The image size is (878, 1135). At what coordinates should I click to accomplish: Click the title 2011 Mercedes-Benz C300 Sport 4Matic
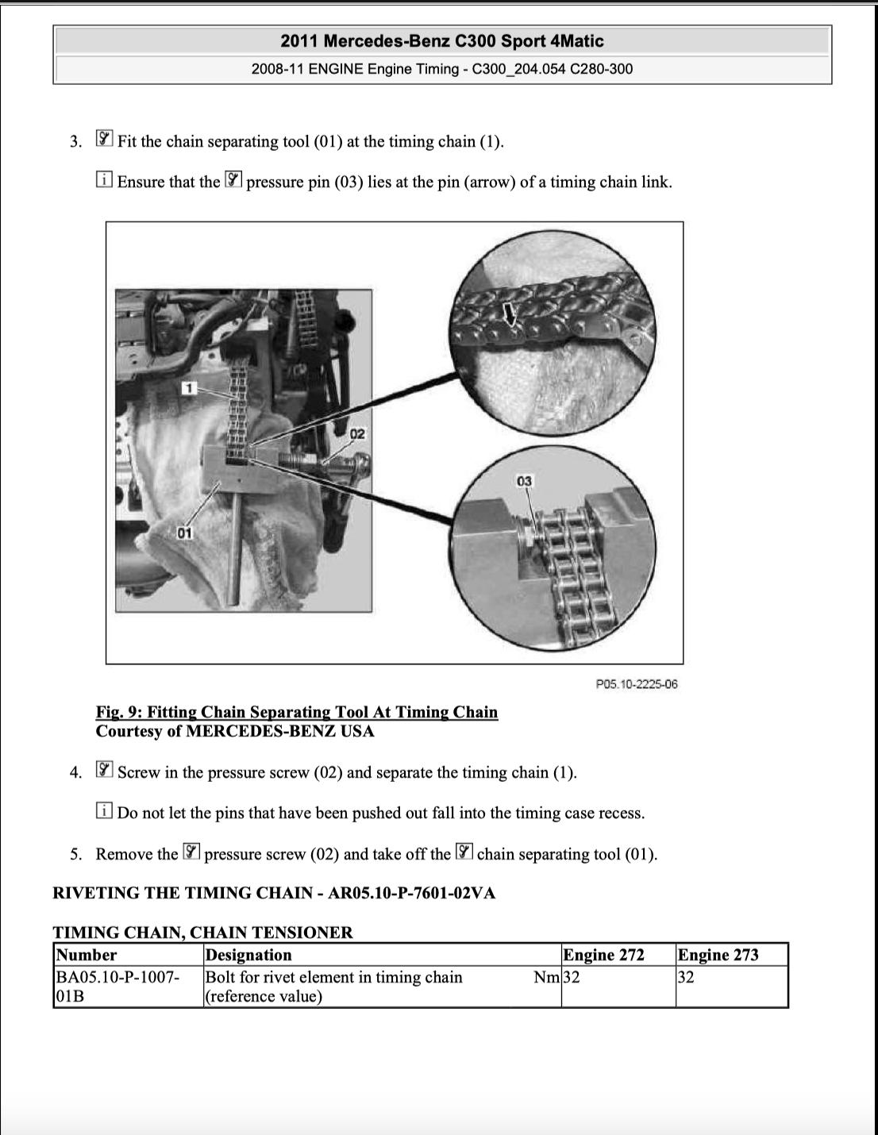point(441,41)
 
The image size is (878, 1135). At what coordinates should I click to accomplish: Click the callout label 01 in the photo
point(184,533)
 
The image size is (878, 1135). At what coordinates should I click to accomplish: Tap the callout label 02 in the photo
point(357,433)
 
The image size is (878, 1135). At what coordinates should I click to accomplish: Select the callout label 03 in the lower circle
point(525,481)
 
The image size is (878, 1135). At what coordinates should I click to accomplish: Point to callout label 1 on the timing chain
point(188,388)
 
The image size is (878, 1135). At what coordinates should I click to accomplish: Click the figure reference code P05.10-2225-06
point(637,684)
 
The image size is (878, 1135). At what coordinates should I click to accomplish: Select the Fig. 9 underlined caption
point(297,712)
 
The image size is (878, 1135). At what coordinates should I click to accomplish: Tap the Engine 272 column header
point(603,955)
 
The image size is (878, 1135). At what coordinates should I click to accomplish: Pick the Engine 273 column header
point(718,955)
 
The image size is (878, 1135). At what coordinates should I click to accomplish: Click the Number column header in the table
point(87,955)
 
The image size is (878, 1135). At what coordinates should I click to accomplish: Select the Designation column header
point(248,955)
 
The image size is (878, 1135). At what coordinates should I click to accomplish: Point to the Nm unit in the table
point(547,977)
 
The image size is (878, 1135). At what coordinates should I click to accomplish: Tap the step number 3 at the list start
point(75,142)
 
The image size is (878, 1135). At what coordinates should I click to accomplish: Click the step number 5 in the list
point(75,855)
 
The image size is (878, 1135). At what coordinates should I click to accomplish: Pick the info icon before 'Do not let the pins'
point(104,811)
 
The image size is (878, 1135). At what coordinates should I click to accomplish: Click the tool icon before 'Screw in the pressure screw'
point(104,771)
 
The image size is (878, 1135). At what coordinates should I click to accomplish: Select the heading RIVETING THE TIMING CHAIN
point(274,893)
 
